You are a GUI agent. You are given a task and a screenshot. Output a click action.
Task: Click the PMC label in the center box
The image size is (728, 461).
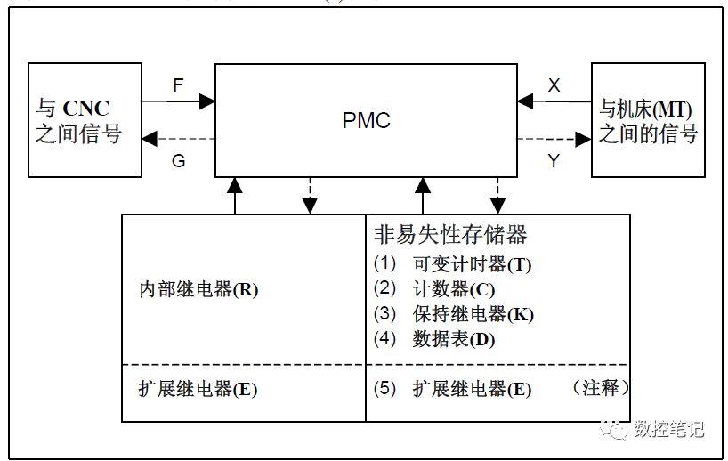point(366,120)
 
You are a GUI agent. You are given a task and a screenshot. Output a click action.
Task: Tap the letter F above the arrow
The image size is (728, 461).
point(178,86)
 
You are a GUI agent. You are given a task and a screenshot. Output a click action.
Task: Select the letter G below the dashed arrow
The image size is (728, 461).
point(178,161)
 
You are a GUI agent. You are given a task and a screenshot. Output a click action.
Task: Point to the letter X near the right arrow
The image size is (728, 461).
point(554,85)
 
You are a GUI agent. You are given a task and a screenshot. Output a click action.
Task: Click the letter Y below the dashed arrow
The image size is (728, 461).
point(554,161)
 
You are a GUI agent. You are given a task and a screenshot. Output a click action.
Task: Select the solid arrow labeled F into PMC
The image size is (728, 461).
point(178,102)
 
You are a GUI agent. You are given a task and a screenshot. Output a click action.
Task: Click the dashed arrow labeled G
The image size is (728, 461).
point(178,139)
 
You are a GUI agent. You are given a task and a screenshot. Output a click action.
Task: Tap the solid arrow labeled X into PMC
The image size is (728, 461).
point(554,102)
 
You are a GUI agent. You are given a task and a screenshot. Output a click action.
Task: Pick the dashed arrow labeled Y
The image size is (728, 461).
point(554,139)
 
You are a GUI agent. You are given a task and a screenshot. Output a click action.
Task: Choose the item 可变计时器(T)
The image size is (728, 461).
point(472,264)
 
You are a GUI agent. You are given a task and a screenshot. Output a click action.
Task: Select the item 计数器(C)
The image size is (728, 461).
point(454,289)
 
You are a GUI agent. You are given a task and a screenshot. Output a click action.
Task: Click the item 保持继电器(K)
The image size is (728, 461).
point(473,314)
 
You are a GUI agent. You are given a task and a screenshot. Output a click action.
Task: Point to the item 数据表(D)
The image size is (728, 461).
point(453,339)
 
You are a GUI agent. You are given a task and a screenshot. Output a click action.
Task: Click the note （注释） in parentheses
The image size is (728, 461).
point(600,388)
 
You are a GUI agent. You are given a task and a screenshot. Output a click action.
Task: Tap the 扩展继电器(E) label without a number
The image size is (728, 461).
point(198,389)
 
